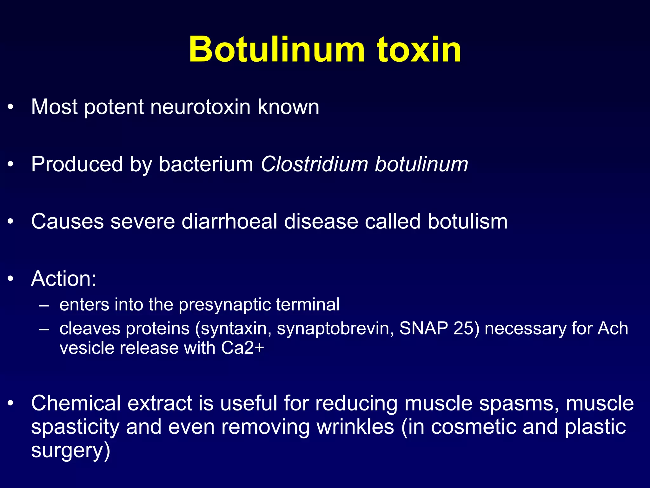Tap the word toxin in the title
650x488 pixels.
pos(419,50)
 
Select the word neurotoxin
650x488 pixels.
pos(201,107)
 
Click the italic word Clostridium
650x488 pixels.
pos(314,164)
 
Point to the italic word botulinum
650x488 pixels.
pos(421,164)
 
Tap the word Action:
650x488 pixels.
pos(64,279)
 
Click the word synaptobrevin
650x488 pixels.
pos(335,328)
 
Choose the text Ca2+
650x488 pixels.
pos(242,348)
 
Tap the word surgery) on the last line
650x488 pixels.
pos(70,451)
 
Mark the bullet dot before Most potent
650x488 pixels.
pos(11,107)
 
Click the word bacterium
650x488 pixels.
pos(206,164)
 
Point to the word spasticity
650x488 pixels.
pos(75,427)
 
